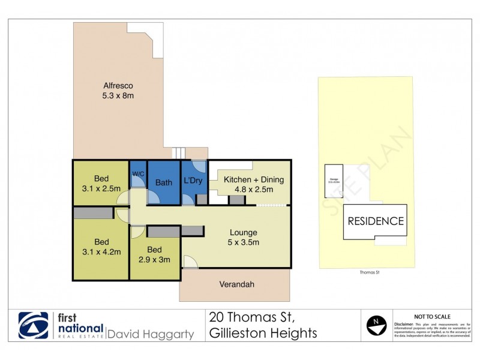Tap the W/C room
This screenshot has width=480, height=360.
(x=139, y=175)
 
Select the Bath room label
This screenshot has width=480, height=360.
(x=163, y=182)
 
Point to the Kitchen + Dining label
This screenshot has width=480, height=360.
(x=253, y=184)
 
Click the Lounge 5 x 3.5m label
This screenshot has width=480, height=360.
(x=243, y=238)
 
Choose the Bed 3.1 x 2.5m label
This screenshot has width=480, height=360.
(x=100, y=183)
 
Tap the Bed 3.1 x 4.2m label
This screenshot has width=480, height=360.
(x=100, y=247)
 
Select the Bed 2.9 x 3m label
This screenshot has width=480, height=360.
(x=154, y=255)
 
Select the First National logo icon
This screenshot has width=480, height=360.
(x=34, y=326)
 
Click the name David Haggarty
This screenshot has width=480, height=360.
(x=150, y=334)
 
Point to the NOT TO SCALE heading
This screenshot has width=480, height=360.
(x=433, y=316)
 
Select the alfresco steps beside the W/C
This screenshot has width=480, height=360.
(x=178, y=153)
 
